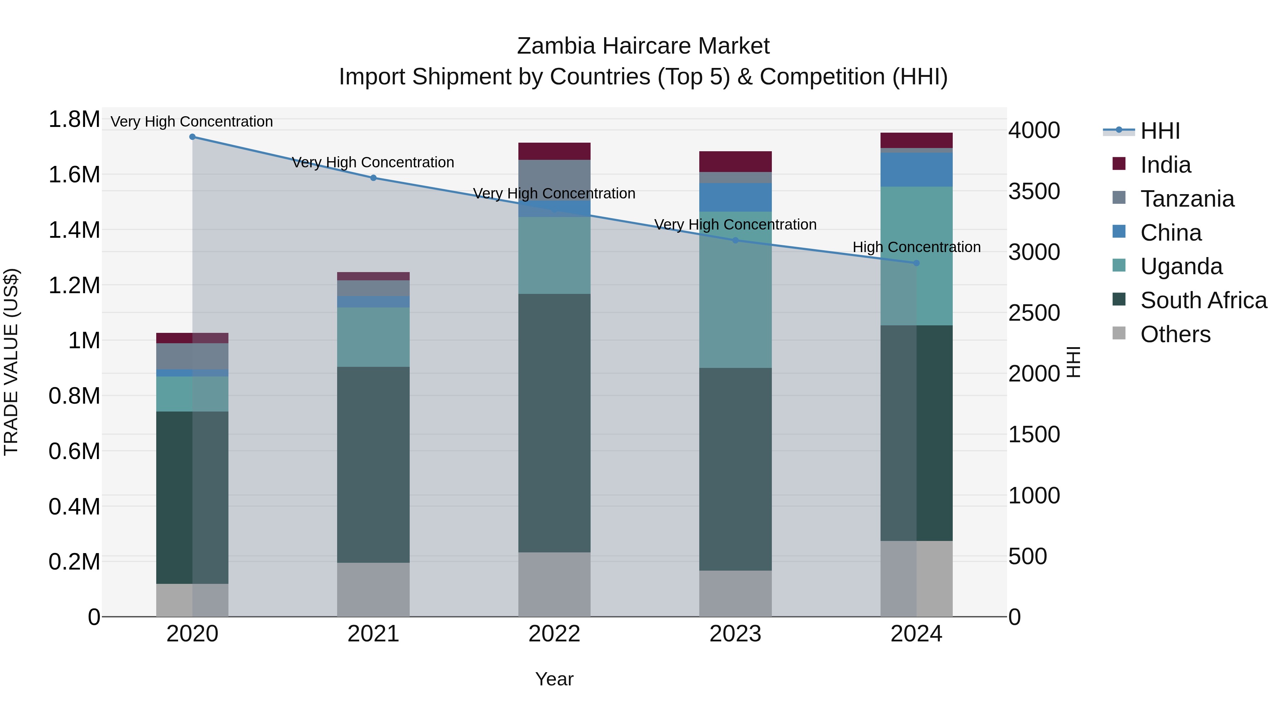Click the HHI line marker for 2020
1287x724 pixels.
(192, 137)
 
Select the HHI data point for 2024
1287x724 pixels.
(916, 263)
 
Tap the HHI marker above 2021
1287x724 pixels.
(373, 178)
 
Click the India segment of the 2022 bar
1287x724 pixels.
(554, 151)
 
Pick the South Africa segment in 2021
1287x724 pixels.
(373, 465)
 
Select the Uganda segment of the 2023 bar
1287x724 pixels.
(735, 290)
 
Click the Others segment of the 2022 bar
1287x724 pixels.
(554, 584)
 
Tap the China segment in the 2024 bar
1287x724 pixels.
(916, 170)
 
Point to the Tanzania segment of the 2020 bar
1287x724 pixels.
(192, 356)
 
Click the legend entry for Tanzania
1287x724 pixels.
(1187, 199)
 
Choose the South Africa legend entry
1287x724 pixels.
(1203, 300)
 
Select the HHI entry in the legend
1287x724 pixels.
(1160, 131)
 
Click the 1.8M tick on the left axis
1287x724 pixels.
(74, 119)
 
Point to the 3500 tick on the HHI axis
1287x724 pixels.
(1034, 191)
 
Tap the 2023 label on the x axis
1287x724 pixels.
(735, 634)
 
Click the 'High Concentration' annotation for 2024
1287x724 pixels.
(916, 247)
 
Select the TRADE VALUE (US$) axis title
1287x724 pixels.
(11, 362)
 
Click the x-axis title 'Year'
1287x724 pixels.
(554, 679)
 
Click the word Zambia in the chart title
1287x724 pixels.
(556, 46)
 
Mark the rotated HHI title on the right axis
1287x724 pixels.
(1074, 362)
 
